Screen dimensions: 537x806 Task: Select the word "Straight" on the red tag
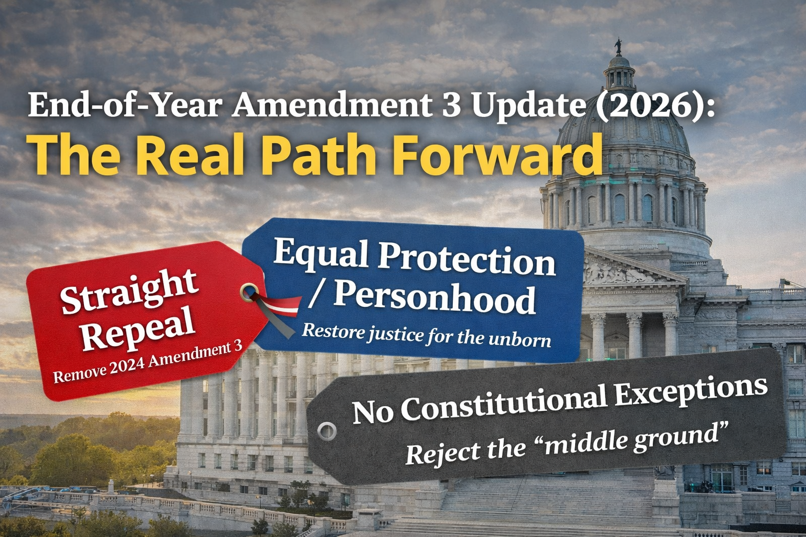129,292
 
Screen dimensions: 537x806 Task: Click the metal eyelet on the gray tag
327,431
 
